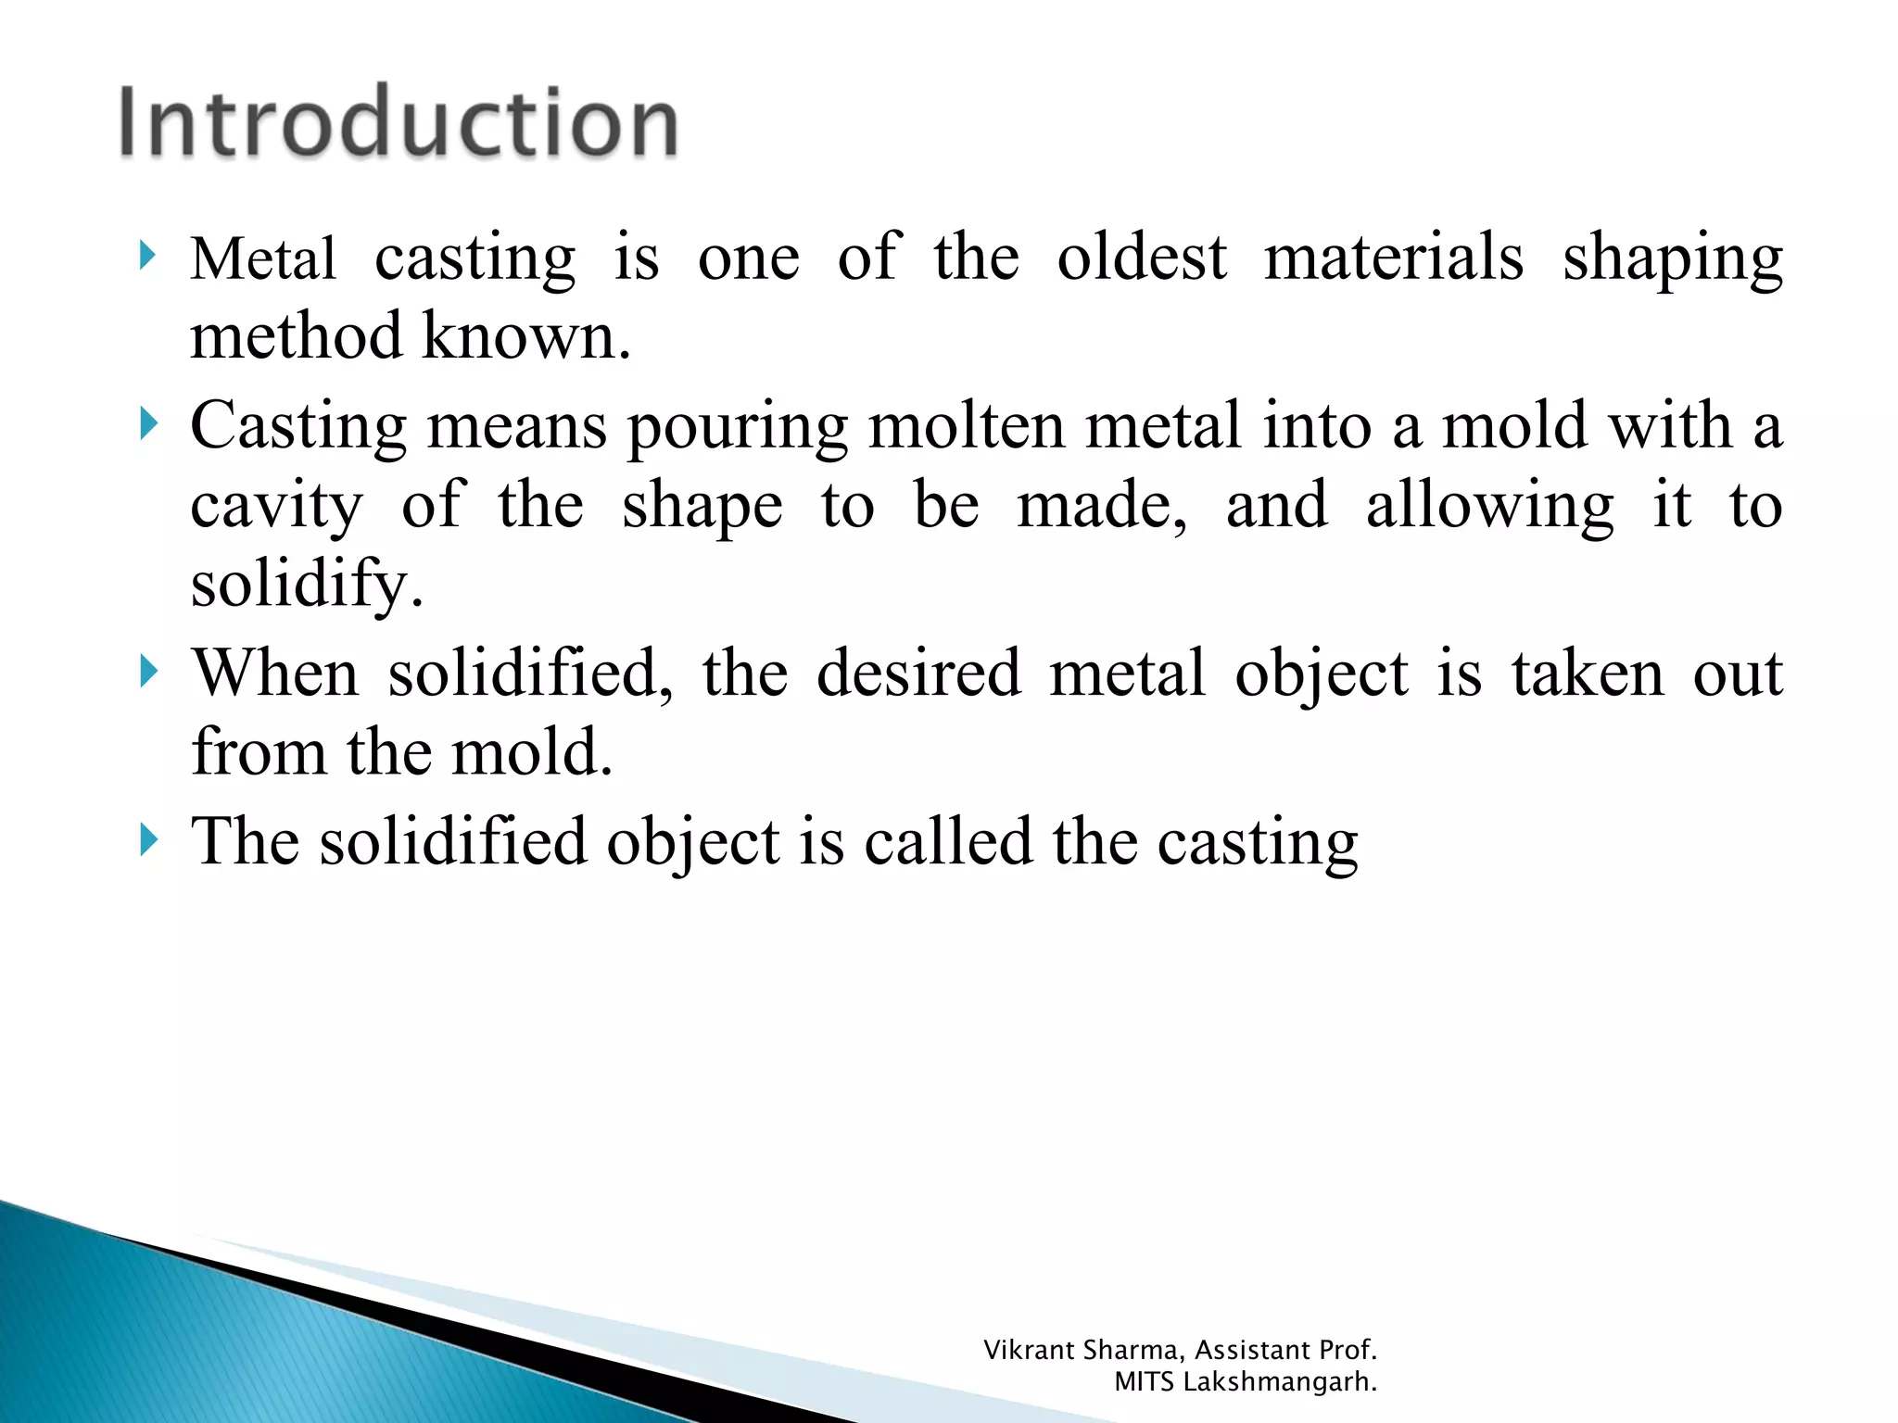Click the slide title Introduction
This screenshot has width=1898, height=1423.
coord(399,122)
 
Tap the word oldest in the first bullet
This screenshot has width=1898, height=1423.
coord(1142,257)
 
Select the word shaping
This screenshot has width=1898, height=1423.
coord(1673,258)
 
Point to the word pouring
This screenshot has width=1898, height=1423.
coord(738,427)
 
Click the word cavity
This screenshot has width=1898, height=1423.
coord(276,507)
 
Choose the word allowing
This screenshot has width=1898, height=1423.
coord(1489,507)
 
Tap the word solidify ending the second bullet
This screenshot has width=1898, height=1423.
coord(305,585)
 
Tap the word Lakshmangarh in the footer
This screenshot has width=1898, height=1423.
coord(1280,1382)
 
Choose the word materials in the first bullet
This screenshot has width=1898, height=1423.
coord(1394,257)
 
